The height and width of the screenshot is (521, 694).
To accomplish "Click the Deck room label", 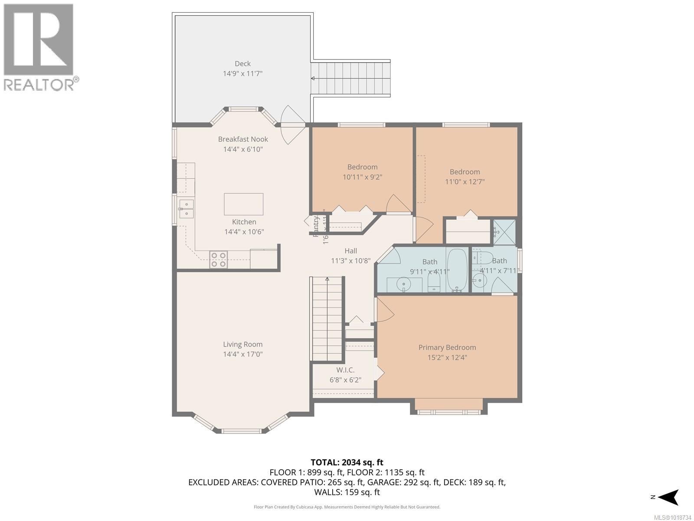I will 242,64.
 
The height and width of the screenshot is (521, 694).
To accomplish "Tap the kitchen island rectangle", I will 243,204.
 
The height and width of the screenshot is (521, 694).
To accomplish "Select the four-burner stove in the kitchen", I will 218,259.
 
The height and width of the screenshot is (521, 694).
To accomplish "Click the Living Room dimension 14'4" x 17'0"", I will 242,354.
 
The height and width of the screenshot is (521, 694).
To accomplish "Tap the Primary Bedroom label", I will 447,347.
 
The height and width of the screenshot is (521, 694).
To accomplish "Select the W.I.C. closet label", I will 345,370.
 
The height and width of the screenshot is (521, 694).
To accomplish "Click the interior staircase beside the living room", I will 327,319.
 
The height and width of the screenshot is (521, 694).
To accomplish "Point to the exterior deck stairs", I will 350,79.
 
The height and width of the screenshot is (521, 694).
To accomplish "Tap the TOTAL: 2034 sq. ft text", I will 347,462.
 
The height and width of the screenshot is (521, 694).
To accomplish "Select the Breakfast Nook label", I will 243,139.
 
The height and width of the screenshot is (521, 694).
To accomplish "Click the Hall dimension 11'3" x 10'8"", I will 350,261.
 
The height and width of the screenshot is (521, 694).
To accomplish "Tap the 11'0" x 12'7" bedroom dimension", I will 465,182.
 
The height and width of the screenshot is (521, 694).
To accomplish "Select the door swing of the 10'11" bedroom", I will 397,204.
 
